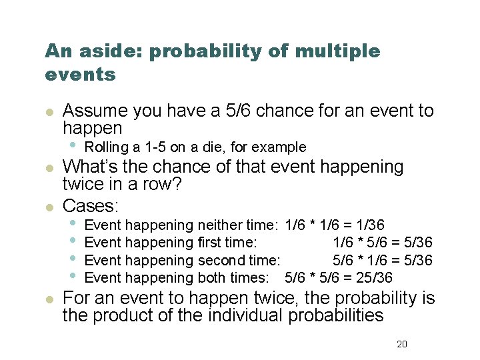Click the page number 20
click(x=401, y=344)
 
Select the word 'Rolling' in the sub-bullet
click(x=107, y=147)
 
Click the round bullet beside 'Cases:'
click(x=48, y=207)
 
